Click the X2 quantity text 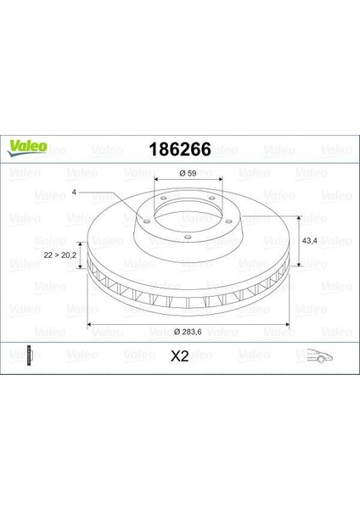[x=179, y=357]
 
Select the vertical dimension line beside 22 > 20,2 [x=81, y=252]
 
